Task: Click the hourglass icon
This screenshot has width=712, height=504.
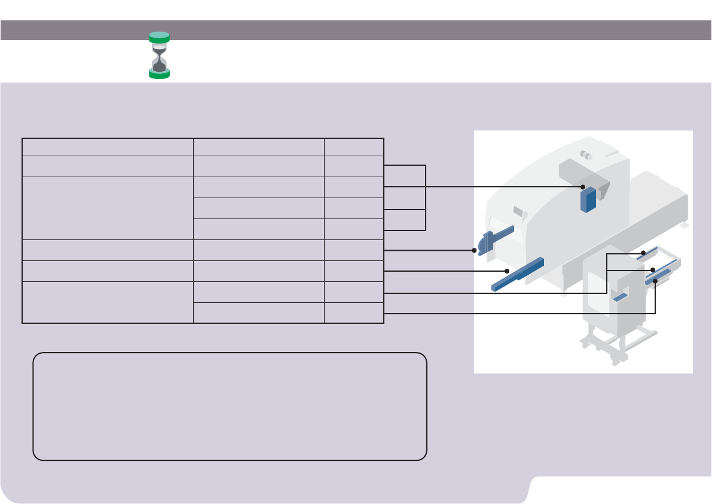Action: pos(159,56)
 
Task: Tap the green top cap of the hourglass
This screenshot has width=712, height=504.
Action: pos(159,35)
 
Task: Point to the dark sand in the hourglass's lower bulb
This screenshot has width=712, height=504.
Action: pos(159,66)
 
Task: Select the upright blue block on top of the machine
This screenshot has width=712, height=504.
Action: pos(589,199)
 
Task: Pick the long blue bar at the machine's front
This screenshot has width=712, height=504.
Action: pos(518,274)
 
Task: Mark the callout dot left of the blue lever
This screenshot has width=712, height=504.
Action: pos(474,250)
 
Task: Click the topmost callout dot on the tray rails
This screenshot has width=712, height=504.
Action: pos(642,254)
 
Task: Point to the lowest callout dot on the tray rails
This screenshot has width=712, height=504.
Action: pos(656,280)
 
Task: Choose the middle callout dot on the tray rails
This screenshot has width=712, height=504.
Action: pos(653,270)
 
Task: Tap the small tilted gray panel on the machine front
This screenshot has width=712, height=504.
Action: pos(518,211)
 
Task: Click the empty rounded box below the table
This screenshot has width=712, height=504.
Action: pos(230,406)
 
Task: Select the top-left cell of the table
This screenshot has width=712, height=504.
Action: pos(108,147)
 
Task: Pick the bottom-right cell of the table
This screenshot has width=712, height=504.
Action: pos(354,313)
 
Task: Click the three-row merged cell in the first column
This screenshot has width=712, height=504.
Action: pos(108,208)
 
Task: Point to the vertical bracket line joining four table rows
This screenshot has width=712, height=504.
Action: pos(425,198)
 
